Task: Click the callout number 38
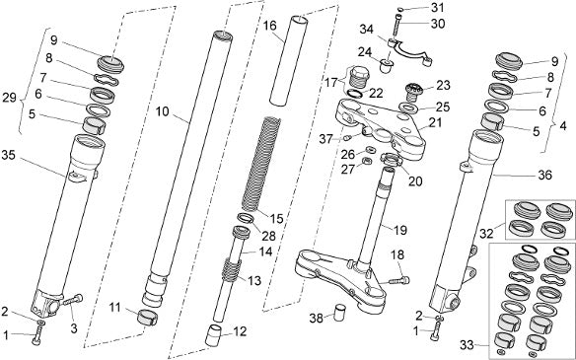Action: coord(317,319)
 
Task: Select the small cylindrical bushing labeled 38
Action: coord(340,313)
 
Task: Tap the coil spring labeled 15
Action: coord(260,164)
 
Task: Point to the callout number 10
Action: coord(163,111)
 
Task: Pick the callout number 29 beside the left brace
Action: coord(10,98)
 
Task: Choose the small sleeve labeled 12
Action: coord(215,335)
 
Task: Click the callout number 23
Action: coord(443,85)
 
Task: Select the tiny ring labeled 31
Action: coord(401,10)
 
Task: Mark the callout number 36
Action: coord(544,175)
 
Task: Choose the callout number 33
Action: coord(467,345)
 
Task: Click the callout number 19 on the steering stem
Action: coord(400,231)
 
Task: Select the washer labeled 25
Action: coord(408,108)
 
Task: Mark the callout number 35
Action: coord(8,155)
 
